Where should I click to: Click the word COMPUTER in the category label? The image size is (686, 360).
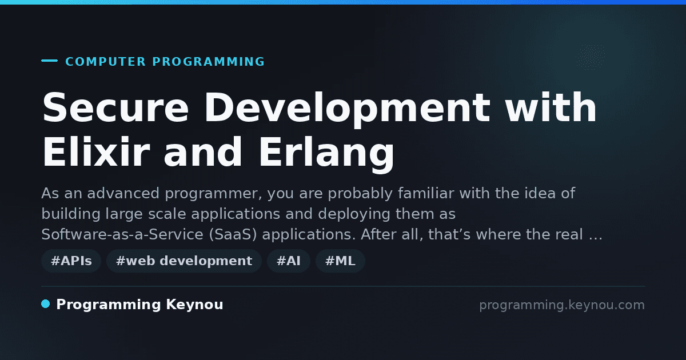click(x=105, y=62)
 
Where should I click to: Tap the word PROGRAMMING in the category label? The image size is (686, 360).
click(x=208, y=62)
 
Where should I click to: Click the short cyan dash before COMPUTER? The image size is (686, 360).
click(x=49, y=61)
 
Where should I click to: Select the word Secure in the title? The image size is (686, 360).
click(x=115, y=107)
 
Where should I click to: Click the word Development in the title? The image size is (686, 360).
click(x=348, y=110)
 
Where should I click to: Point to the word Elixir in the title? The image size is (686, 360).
click(x=96, y=152)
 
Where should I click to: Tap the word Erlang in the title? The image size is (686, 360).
click(x=327, y=154)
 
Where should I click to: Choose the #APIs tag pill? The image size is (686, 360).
click(x=71, y=261)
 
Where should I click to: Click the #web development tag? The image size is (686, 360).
click(x=184, y=261)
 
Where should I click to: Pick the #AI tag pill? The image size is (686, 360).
click(x=289, y=261)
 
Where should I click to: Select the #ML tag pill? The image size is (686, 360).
click(x=340, y=261)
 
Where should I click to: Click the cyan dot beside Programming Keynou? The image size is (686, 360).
click(x=46, y=304)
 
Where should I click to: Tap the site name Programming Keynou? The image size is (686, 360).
click(x=139, y=305)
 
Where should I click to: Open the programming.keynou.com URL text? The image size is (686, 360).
click(x=562, y=305)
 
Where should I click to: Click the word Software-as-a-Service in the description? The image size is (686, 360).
click(x=122, y=234)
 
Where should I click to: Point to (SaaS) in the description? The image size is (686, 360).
click(x=233, y=235)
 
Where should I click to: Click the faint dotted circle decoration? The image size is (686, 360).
click(x=591, y=57)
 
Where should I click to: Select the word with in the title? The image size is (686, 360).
click(x=551, y=107)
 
